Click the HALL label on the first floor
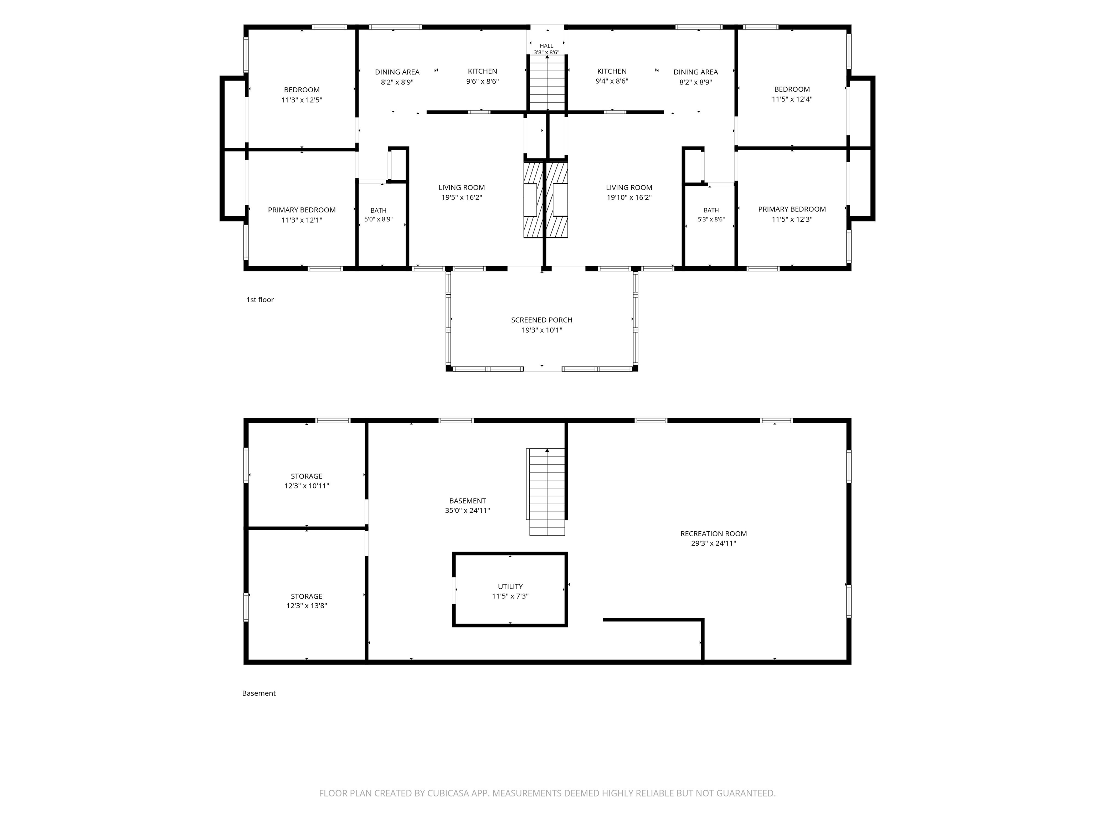coord(546,46)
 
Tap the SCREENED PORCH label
coord(541,320)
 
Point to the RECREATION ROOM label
coord(713,533)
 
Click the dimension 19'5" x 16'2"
coord(461,197)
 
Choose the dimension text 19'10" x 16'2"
coord(629,197)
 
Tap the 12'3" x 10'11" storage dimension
coord(307,486)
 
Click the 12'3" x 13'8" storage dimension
coord(307,606)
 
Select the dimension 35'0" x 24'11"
coord(467,511)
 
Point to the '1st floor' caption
coord(260,299)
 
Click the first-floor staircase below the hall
coord(547,83)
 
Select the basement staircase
coord(546,492)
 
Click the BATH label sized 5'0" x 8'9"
coord(378,210)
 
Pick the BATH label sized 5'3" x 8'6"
coord(711,210)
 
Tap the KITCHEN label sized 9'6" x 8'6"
coord(482,71)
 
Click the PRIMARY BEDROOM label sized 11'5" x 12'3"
coord(792,209)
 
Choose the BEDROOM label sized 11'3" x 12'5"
coord(302,89)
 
